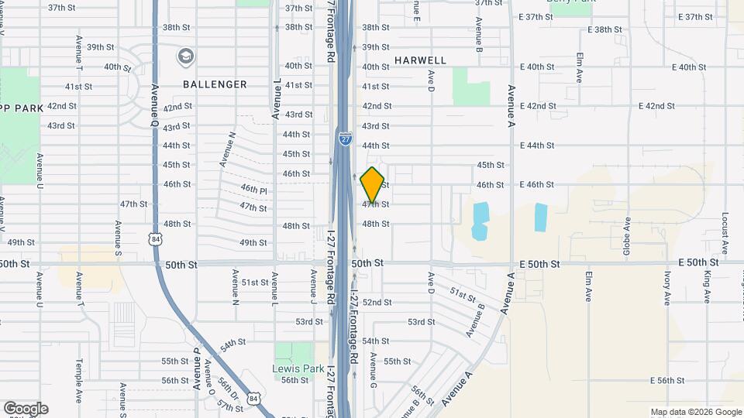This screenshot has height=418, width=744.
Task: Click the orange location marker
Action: tap(373, 184)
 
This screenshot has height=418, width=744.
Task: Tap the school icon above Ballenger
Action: tap(185, 56)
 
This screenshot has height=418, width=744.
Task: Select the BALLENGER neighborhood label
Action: tap(215, 84)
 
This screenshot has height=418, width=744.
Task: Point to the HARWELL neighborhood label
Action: tap(420, 60)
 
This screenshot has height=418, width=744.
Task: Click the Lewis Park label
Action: tap(298, 368)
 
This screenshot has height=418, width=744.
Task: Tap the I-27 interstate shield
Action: tap(345, 139)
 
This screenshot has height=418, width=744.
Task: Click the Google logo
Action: tap(26, 409)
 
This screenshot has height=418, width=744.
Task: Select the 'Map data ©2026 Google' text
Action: tap(696, 412)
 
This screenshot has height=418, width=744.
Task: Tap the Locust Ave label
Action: tap(725, 232)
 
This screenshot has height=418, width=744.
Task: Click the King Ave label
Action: tap(708, 286)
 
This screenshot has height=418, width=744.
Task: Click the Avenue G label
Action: tap(374, 371)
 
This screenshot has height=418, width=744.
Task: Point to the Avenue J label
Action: tap(314, 285)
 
